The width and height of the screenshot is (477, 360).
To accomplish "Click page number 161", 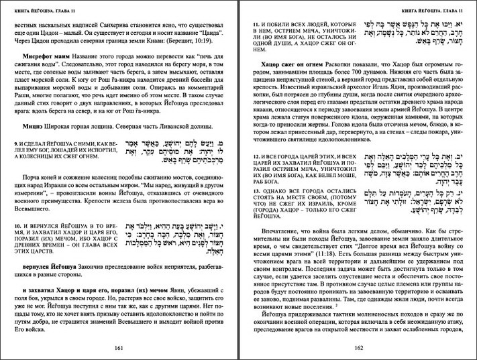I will pyautogui.click(x=119, y=347).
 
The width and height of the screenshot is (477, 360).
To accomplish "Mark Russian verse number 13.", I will pyautogui.click(x=256, y=190).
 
